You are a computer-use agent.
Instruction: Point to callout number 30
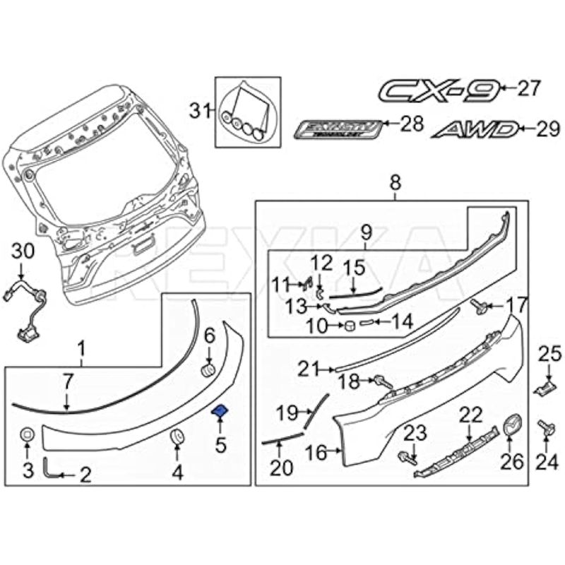pyautogui.click(x=23, y=251)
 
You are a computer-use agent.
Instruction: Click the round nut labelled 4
pyautogui.click(x=177, y=439)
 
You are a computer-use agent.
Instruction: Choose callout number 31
pyautogui.click(x=198, y=109)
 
